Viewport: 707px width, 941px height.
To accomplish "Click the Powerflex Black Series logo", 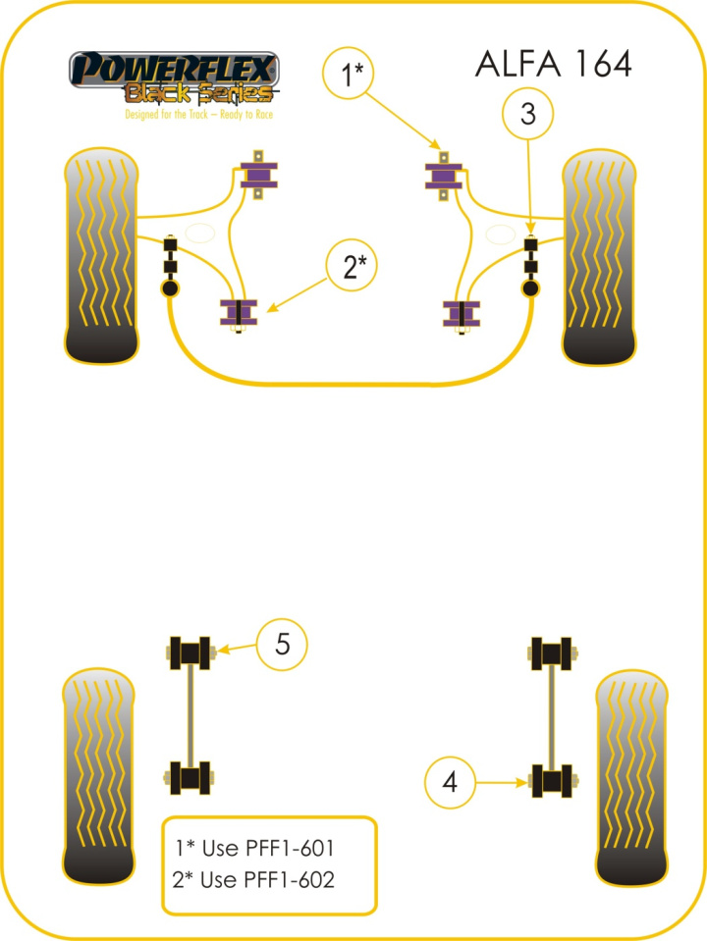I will pyautogui.click(x=173, y=78).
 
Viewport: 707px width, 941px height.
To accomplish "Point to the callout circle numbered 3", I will pyautogui.click(x=528, y=115).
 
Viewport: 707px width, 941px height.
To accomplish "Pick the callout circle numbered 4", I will pyautogui.click(x=450, y=782).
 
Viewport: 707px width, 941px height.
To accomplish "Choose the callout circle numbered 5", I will pyautogui.click(x=282, y=645).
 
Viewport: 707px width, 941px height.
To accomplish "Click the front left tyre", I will pyautogui.click(x=100, y=253).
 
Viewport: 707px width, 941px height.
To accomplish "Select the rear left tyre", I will pyautogui.click(x=98, y=775).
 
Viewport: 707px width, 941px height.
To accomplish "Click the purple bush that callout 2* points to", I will pyautogui.click(x=237, y=312).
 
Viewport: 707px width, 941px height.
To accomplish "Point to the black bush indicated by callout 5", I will pyautogui.click(x=190, y=651).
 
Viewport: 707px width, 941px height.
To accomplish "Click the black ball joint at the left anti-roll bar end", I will pyautogui.click(x=171, y=288).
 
